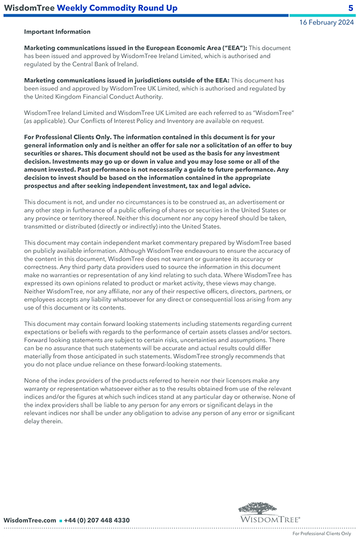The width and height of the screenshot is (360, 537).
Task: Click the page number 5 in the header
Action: pyautogui.click(x=351, y=8)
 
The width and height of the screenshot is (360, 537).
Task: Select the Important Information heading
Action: pyautogui.click(x=57, y=32)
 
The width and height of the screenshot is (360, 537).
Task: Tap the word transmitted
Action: pyautogui.click(x=44, y=226)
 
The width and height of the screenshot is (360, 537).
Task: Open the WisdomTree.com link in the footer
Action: pyautogui.click(x=30, y=520)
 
